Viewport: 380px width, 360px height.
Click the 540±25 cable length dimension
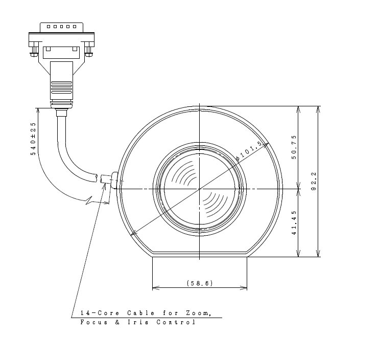click(33, 138)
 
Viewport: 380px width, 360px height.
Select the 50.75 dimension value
click(294, 148)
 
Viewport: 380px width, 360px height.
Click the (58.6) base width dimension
click(199, 283)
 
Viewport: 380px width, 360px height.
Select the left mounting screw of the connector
click(34, 52)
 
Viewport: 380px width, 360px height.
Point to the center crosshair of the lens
click(199, 189)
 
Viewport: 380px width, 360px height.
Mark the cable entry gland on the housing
click(113, 179)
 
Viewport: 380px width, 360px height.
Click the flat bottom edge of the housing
click(199, 253)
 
